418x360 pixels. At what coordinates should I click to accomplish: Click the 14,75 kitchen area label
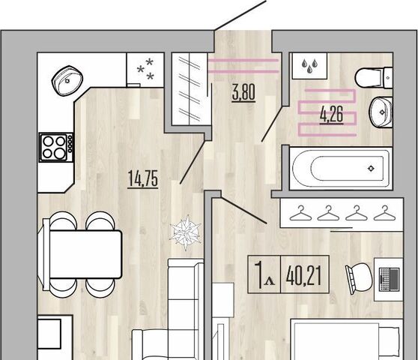(143, 178)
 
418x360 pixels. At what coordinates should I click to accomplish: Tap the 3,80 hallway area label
(243, 92)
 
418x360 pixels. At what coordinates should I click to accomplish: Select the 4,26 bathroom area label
(331, 115)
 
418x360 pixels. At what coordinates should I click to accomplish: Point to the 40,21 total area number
(303, 274)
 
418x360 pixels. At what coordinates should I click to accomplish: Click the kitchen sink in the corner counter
(67, 80)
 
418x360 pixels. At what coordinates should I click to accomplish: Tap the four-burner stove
(56, 147)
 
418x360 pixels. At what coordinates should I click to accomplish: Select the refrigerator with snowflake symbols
(145, 70)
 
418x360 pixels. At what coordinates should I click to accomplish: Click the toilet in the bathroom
(374, 77)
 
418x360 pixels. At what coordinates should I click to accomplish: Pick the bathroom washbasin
(381, 112)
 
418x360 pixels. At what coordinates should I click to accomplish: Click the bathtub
(340, 169)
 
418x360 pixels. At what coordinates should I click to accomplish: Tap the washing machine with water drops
(309, 66)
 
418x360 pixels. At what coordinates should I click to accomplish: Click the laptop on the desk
(390, 278)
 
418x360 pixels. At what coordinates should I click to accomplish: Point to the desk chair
(359, 277)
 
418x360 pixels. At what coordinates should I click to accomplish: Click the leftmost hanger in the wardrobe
(300, 213)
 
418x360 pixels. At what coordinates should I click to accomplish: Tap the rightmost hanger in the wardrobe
(385, 213)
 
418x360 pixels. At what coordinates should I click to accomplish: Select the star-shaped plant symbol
(186, 232)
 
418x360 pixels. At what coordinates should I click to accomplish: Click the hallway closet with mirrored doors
(190, 88)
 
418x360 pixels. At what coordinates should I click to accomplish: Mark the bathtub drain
(371, 169)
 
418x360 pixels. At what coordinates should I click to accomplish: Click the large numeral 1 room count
(258, 274)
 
